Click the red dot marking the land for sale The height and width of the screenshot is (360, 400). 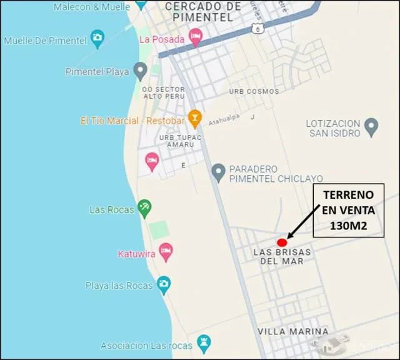[x=282, y=242]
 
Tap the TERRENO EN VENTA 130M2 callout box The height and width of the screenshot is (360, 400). [x=348, y=211]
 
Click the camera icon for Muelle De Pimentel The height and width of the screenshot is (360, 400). [x=97, y=39]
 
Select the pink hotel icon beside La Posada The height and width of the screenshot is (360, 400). [x=196, y=37]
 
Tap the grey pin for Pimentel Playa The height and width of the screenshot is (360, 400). [x=141, y=70]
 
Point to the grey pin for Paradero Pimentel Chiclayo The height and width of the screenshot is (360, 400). [x=218, y=172]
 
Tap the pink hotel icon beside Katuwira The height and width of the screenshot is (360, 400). [x=166, y=252]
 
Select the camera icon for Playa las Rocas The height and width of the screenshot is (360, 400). [x=164, y=285]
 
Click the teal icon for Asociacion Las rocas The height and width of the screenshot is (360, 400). [x=204, y=343]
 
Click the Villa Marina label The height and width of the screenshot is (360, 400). [x=293, y=331]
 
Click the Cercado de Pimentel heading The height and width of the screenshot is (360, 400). [x=203, y=11]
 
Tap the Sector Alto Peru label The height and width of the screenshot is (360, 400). [x=163, y=92]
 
